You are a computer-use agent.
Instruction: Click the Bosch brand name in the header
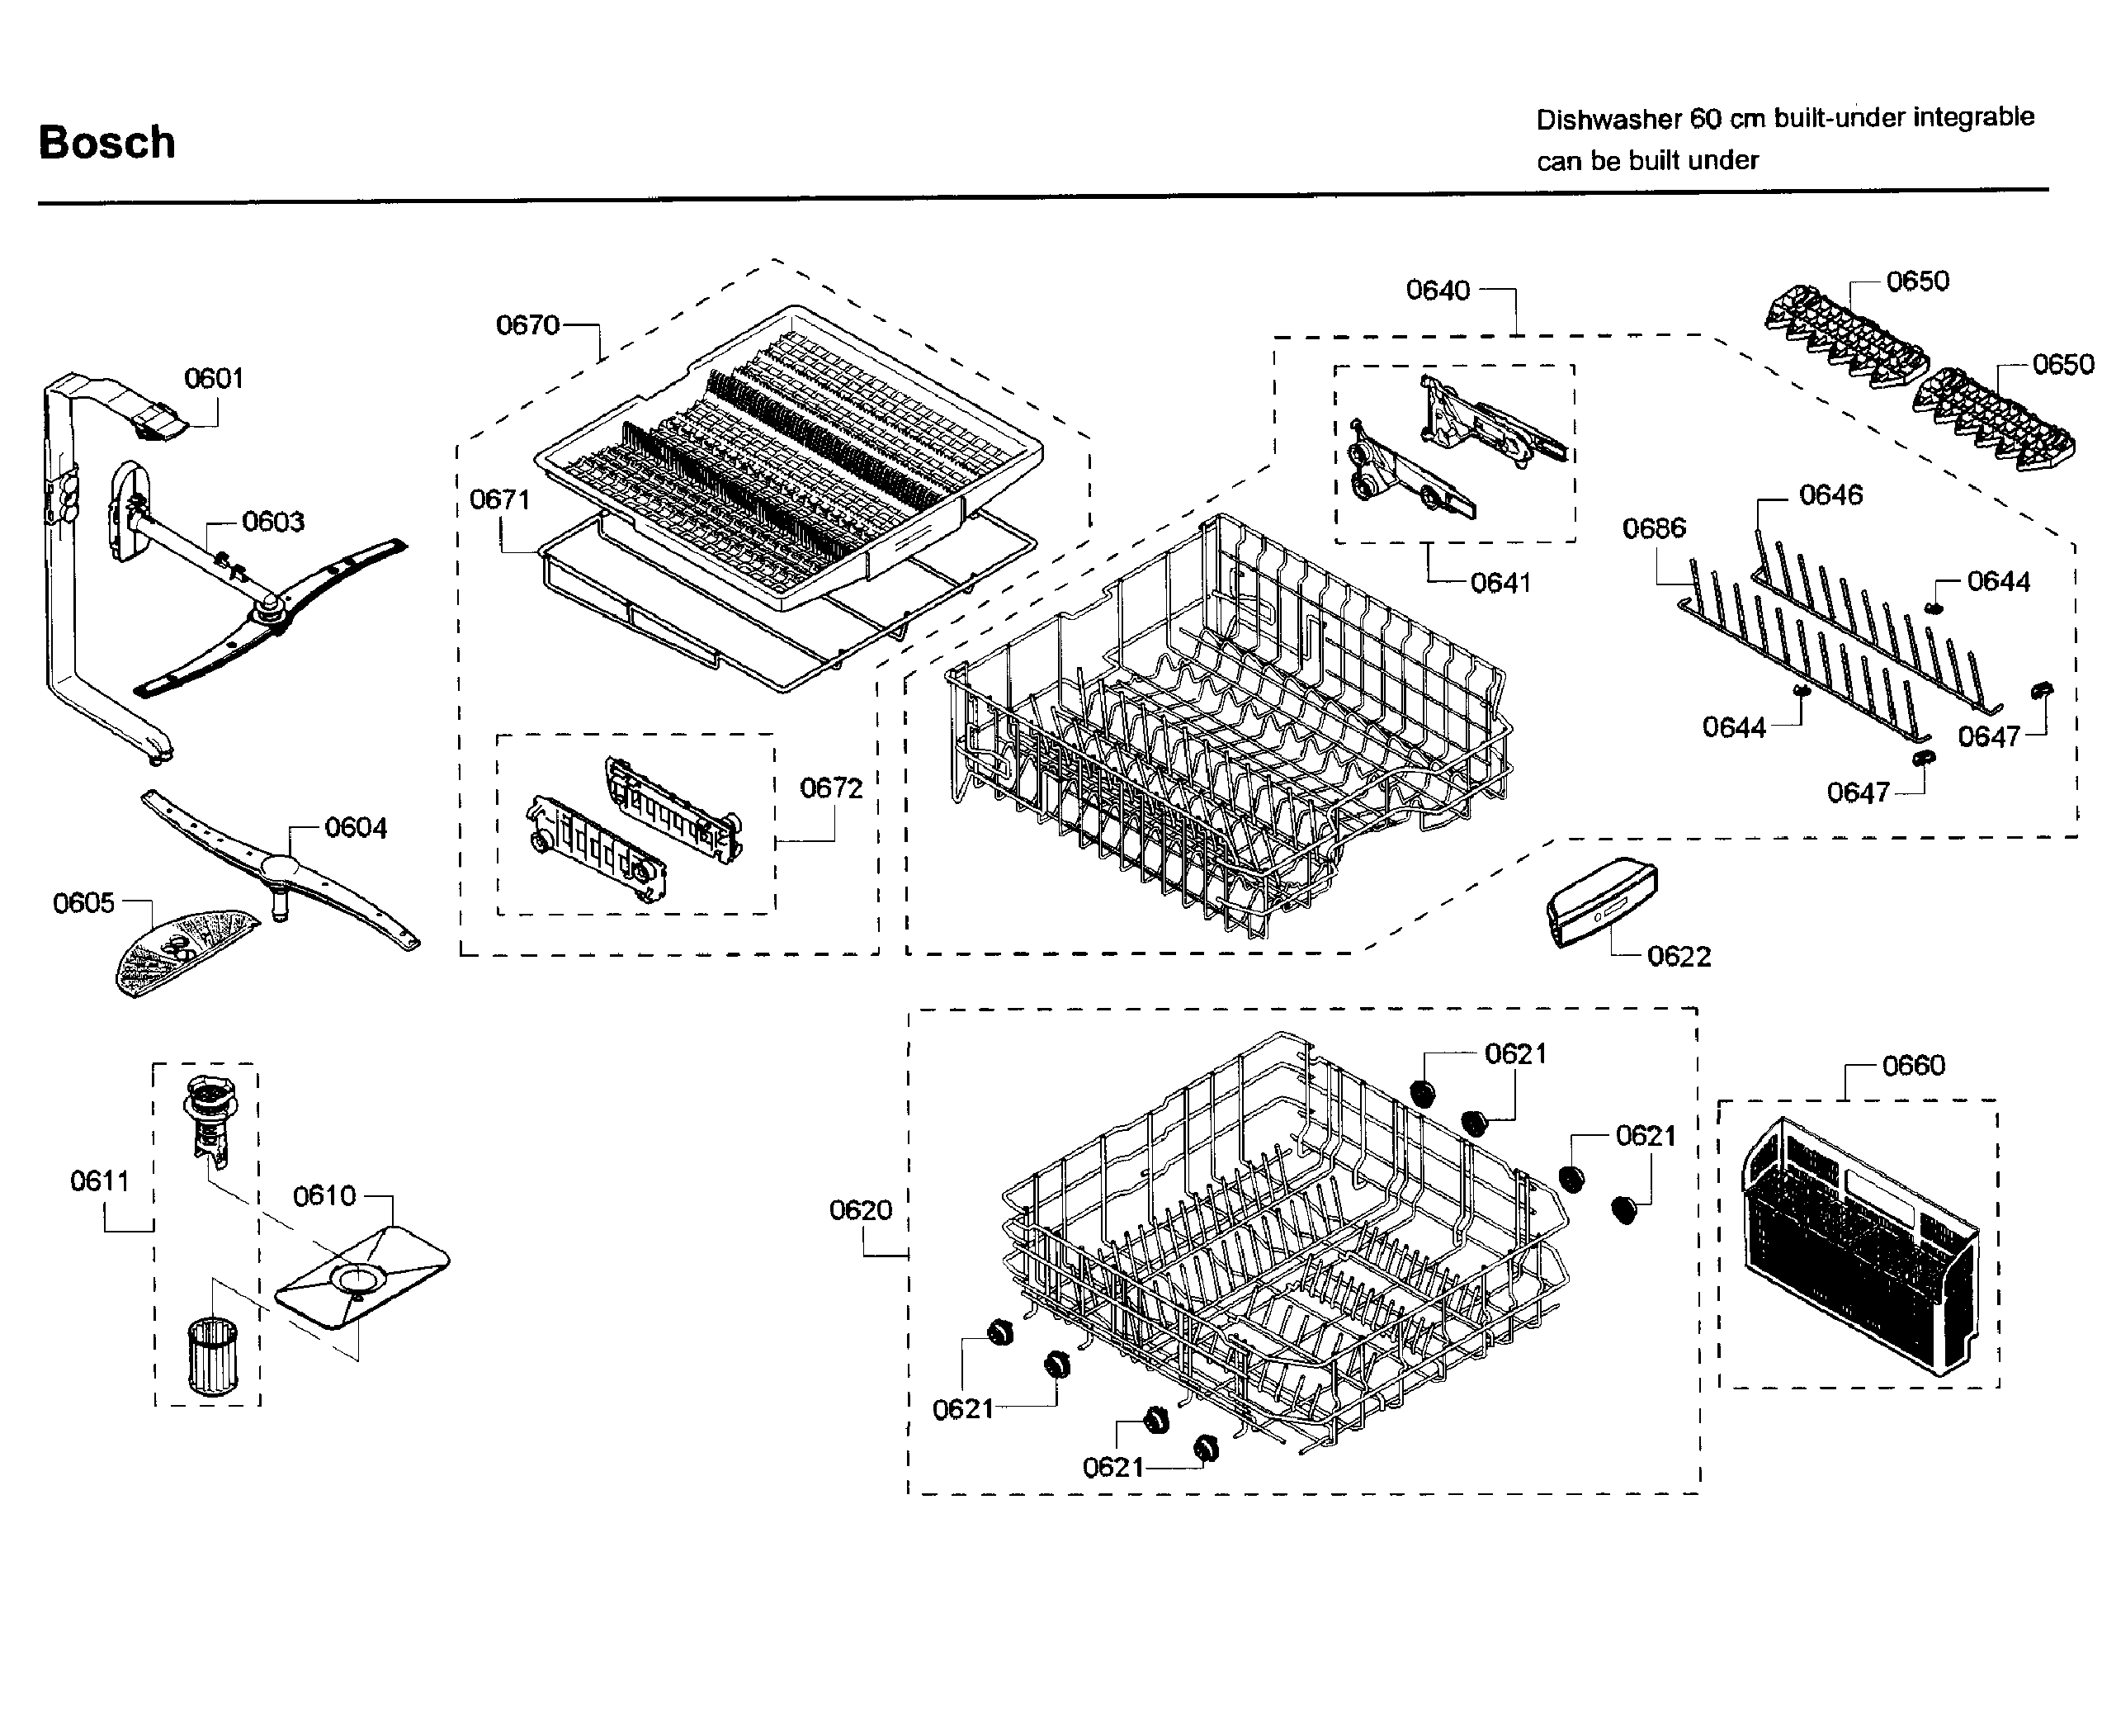[107, 143]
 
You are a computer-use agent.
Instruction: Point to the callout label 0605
[83, 902]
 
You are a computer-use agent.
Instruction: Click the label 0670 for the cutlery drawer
[527, 325]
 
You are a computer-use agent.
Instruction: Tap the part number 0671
[500, 499]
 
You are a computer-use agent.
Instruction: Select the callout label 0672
[831, 788]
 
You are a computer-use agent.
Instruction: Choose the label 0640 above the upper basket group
[1438, 291]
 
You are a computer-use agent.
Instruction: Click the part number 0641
[1500, 584]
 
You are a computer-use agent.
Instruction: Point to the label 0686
[1654, 527]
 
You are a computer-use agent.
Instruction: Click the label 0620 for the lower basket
[861, 1210]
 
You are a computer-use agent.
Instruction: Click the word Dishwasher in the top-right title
[1608, 120]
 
